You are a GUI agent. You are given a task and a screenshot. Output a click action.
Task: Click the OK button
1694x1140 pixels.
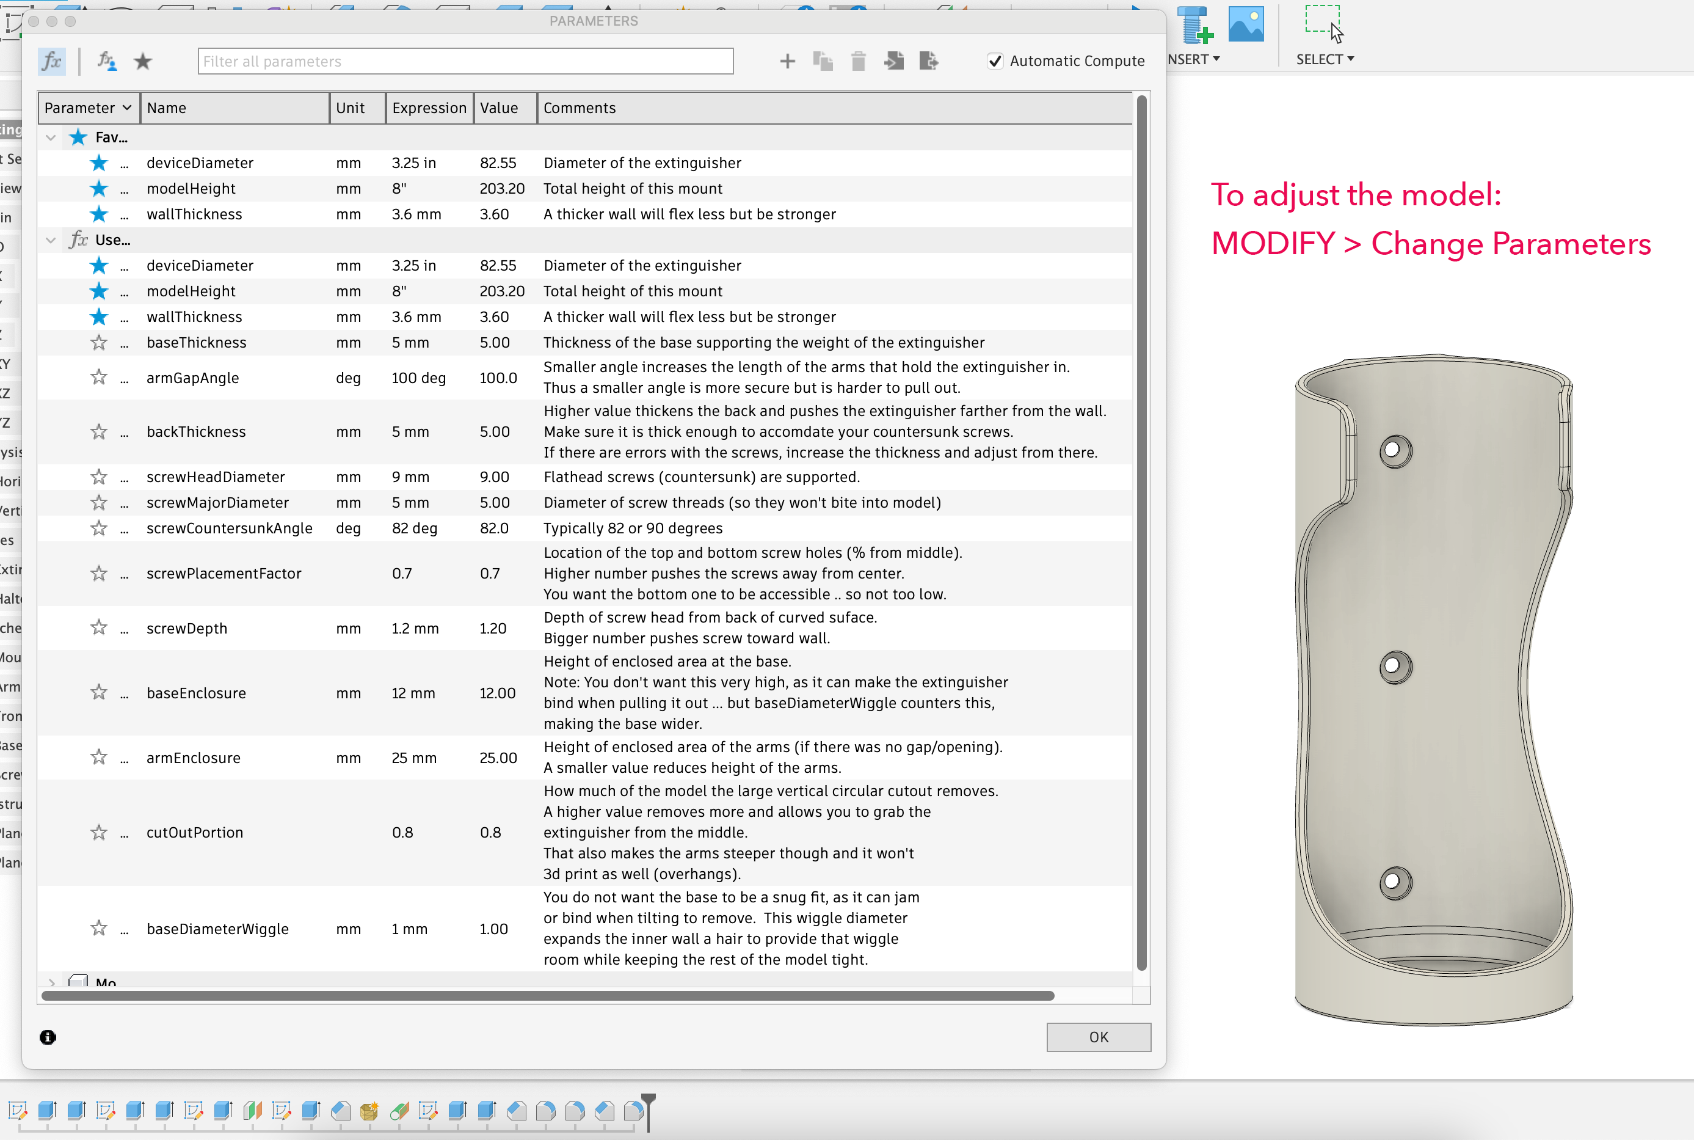click(1098, 1037)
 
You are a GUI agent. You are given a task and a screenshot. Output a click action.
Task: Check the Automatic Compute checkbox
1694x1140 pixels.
click(995, 61)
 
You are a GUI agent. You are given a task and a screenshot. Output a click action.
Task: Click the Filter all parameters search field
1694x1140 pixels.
click(465, 61)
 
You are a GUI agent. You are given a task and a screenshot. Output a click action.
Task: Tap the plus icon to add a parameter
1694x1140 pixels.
click(787, 61)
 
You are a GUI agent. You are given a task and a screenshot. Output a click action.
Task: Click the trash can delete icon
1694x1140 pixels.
click(858, 61)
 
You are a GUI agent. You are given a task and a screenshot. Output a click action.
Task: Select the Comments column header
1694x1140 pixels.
click(579, 108)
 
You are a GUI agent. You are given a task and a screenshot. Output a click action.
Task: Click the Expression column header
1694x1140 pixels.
click(429, 108)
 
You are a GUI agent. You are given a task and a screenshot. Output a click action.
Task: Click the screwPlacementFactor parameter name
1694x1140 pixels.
click(224, 573)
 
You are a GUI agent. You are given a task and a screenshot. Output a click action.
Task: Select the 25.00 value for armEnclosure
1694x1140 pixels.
click(498, 758)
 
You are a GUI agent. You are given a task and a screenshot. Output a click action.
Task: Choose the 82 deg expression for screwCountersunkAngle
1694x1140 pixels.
click(414, 528)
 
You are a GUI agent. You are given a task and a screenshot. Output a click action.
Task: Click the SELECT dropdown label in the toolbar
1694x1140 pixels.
click(1324, 59)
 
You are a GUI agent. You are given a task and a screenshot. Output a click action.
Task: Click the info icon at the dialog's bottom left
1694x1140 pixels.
click(48, 1037)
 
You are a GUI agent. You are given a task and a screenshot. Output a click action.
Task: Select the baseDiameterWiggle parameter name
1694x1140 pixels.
click(217, 929)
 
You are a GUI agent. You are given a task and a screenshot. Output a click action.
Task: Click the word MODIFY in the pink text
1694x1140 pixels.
click(1273, 244)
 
